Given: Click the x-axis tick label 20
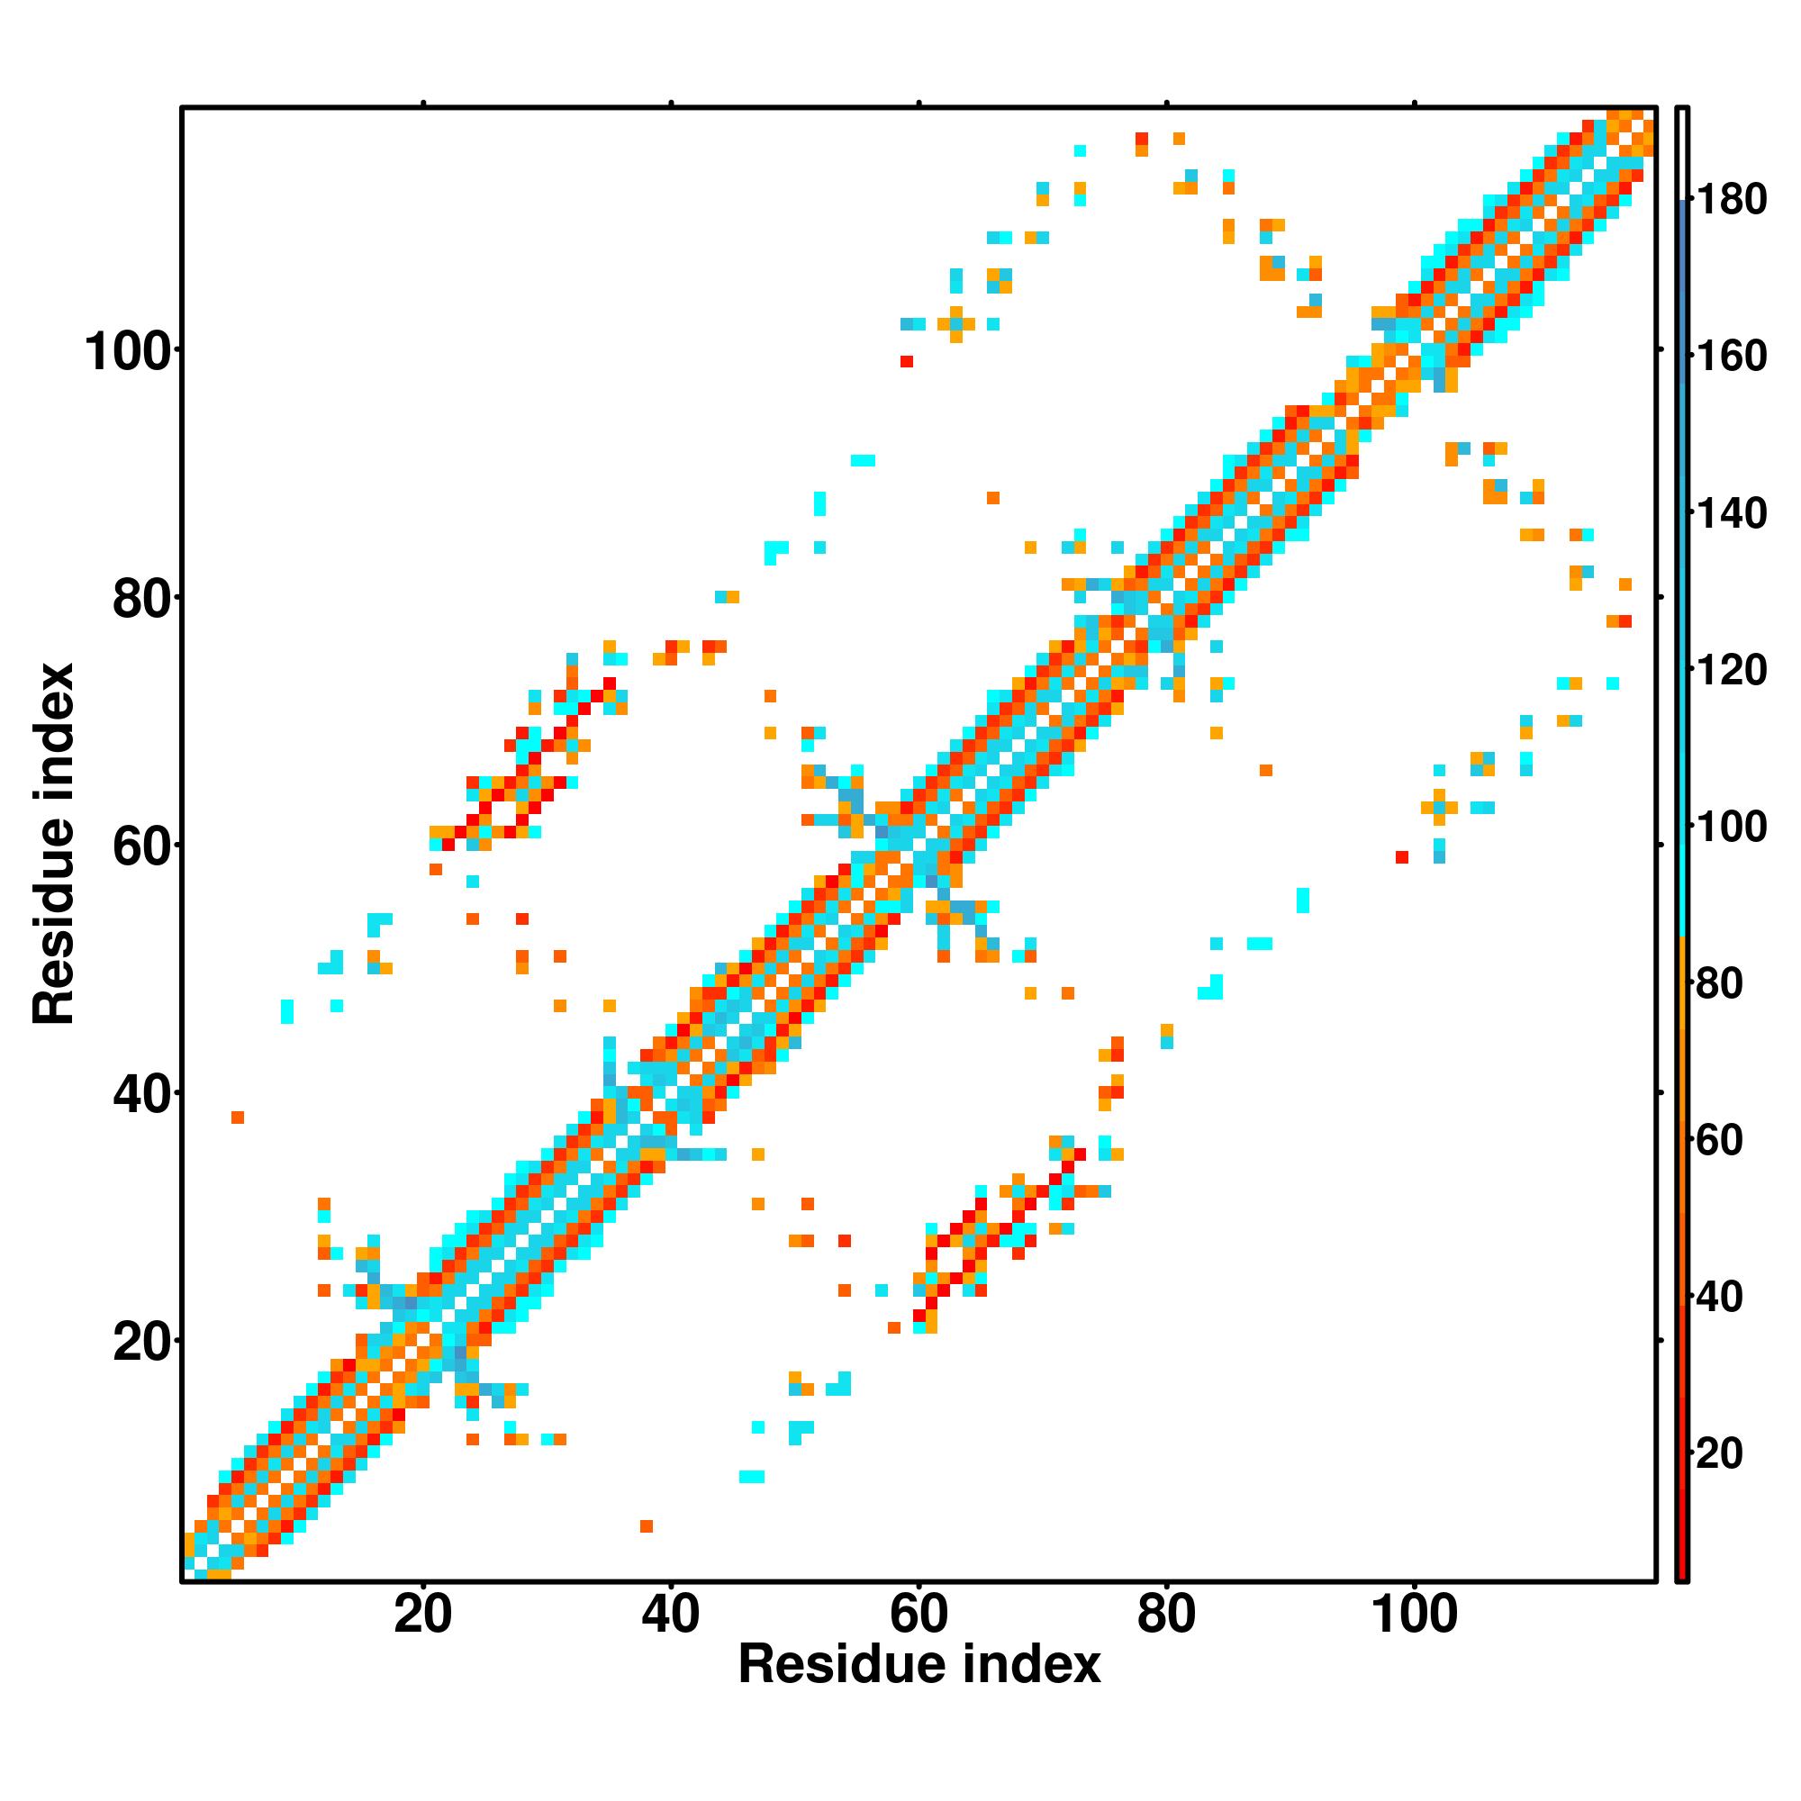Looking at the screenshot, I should coord(422,1615).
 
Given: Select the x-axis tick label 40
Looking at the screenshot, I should coord(670,1615).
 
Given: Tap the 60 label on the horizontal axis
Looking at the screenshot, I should coord(919,1615).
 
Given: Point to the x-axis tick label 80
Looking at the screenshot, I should coord(1166,1615).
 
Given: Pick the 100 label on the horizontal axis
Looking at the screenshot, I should coord(1413,1615).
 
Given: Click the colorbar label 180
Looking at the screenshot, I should coord(1732,200).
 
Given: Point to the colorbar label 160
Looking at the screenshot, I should coord(1732,356).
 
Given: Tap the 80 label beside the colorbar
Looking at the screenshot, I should coord(1720,983).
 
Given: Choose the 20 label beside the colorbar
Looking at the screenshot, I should coord(1720,1453).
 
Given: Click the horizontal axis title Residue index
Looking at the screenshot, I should coord(919,1664).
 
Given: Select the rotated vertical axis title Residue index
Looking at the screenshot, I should coord(53,844).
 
